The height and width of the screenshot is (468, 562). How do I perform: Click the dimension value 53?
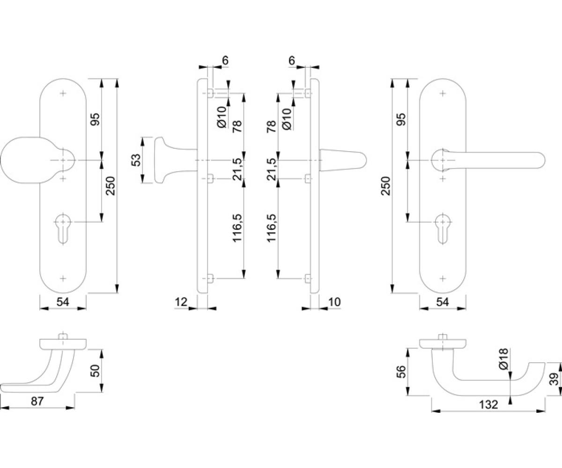136,160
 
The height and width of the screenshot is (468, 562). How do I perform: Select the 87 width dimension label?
37,402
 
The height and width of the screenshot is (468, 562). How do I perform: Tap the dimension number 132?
489,412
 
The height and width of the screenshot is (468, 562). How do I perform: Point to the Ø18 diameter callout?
503,359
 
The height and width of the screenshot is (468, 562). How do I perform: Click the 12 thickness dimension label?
181,302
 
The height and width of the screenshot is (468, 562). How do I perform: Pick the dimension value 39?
555,380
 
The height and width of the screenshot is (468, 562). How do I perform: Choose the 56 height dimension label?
401,372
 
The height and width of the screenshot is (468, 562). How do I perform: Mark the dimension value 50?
95,371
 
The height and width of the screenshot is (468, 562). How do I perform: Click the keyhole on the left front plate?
63,229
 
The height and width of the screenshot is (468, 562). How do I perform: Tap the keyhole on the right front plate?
443,229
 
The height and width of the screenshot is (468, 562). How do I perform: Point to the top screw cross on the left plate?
63,93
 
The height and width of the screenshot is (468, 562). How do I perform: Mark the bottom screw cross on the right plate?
443,278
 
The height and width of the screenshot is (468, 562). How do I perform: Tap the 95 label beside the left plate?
95,119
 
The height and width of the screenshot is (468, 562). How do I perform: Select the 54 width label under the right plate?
443,302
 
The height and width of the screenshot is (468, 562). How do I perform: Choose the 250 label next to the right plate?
386,186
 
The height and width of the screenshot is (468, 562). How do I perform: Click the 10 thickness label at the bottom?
334,302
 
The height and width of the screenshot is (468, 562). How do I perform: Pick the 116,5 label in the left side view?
237,228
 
